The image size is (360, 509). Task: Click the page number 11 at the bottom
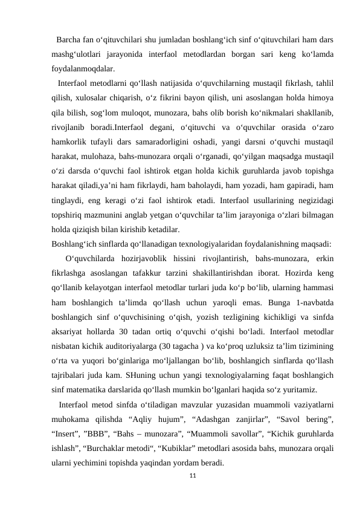pyautogui.click(x=192, y=476)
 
